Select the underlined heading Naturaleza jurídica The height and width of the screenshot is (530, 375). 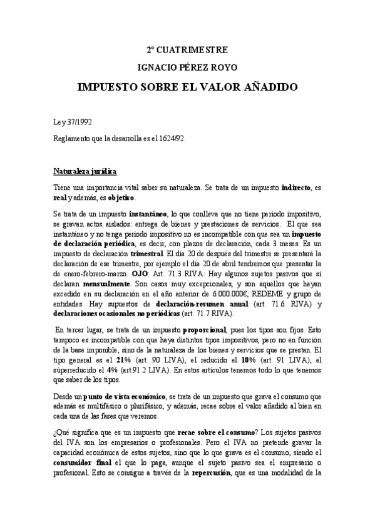[x=85, y=171]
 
